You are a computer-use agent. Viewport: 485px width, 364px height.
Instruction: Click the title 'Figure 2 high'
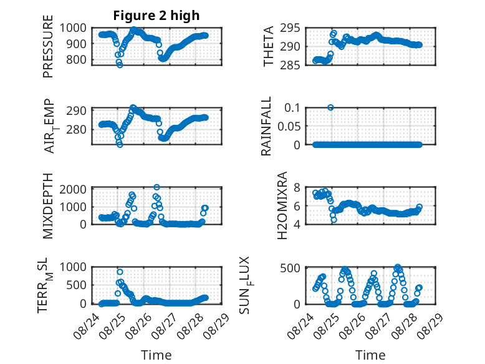(156, 16)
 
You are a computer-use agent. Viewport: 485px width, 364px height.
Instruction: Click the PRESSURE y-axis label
(48, 46)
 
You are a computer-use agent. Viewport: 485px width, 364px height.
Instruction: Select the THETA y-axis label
(268, 46)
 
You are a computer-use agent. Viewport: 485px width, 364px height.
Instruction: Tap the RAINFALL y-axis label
(266, 126)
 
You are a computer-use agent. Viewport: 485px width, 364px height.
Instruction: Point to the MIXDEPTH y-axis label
(48, 206)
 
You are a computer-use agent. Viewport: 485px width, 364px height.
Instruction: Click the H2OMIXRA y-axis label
(282, 205)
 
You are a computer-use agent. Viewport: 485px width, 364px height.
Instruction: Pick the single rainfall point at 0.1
(330, 107)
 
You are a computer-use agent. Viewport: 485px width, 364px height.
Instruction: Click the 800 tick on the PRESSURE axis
(76, 59)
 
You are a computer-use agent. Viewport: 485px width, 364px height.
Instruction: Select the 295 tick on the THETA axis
(290, 28)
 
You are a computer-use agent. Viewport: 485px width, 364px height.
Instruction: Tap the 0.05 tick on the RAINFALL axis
(289, 126)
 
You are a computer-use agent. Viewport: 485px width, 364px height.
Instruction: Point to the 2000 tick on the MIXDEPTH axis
(73, 189)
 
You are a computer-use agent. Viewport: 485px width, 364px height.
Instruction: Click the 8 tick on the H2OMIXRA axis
(297, 187)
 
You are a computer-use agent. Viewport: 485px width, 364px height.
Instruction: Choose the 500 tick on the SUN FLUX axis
(290, 268)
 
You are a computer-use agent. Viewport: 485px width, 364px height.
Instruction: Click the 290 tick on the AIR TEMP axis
(76, 111)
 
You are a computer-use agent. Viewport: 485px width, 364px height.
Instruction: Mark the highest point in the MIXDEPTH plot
(157, 187)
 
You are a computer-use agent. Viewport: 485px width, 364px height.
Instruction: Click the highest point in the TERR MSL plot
(120, 272)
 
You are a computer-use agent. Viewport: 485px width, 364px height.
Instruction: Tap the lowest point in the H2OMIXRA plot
(334, 220)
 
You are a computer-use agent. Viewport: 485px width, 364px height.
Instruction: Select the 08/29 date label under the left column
(217, 326)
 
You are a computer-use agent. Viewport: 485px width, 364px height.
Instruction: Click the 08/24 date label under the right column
(300, 326)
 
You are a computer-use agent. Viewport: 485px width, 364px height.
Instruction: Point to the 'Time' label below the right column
(370, 355)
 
